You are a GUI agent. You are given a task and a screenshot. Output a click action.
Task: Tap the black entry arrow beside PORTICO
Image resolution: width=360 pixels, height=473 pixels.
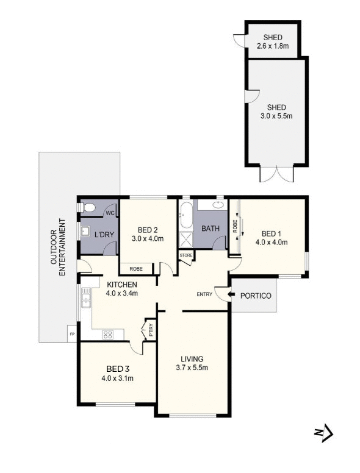point(227,295)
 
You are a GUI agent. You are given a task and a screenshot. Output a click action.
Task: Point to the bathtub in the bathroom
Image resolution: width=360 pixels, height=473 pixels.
point(186,215)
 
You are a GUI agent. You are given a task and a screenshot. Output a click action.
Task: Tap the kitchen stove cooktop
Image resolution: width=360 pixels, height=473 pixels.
point(109,333)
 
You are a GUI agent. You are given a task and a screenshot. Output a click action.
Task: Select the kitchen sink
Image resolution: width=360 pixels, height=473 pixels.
point(86,299)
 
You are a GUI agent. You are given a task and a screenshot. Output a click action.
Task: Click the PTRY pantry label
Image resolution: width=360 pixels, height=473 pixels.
point(151,331)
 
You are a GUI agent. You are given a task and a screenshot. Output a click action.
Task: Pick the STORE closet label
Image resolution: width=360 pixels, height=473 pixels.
point(186,255)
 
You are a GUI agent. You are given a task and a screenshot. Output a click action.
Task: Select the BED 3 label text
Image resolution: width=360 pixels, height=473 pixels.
point(117,369)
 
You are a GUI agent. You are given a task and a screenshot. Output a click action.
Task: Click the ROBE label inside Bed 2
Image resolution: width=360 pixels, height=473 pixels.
point(137,268)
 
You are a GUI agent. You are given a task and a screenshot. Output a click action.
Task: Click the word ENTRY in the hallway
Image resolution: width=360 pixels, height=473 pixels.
point(204,295)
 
